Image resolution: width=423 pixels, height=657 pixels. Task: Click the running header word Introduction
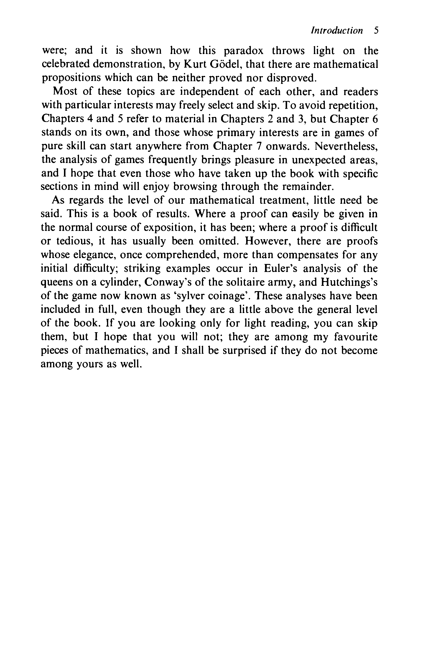(337, 30)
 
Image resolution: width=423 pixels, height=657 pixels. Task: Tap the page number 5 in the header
(375, 30)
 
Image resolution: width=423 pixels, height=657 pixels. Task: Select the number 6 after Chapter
(375, 119)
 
